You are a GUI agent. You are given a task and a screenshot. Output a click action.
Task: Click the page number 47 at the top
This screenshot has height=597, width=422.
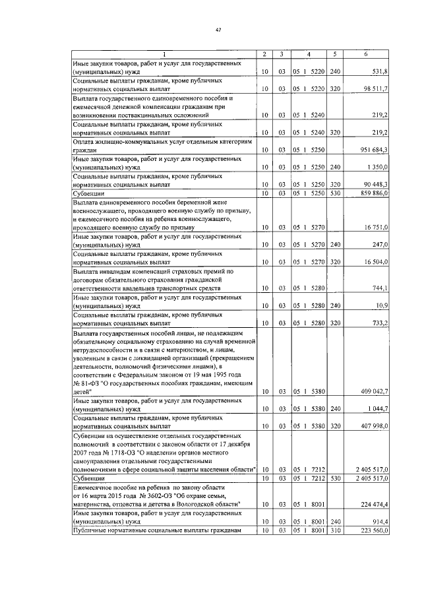click(x=218, y=29)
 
